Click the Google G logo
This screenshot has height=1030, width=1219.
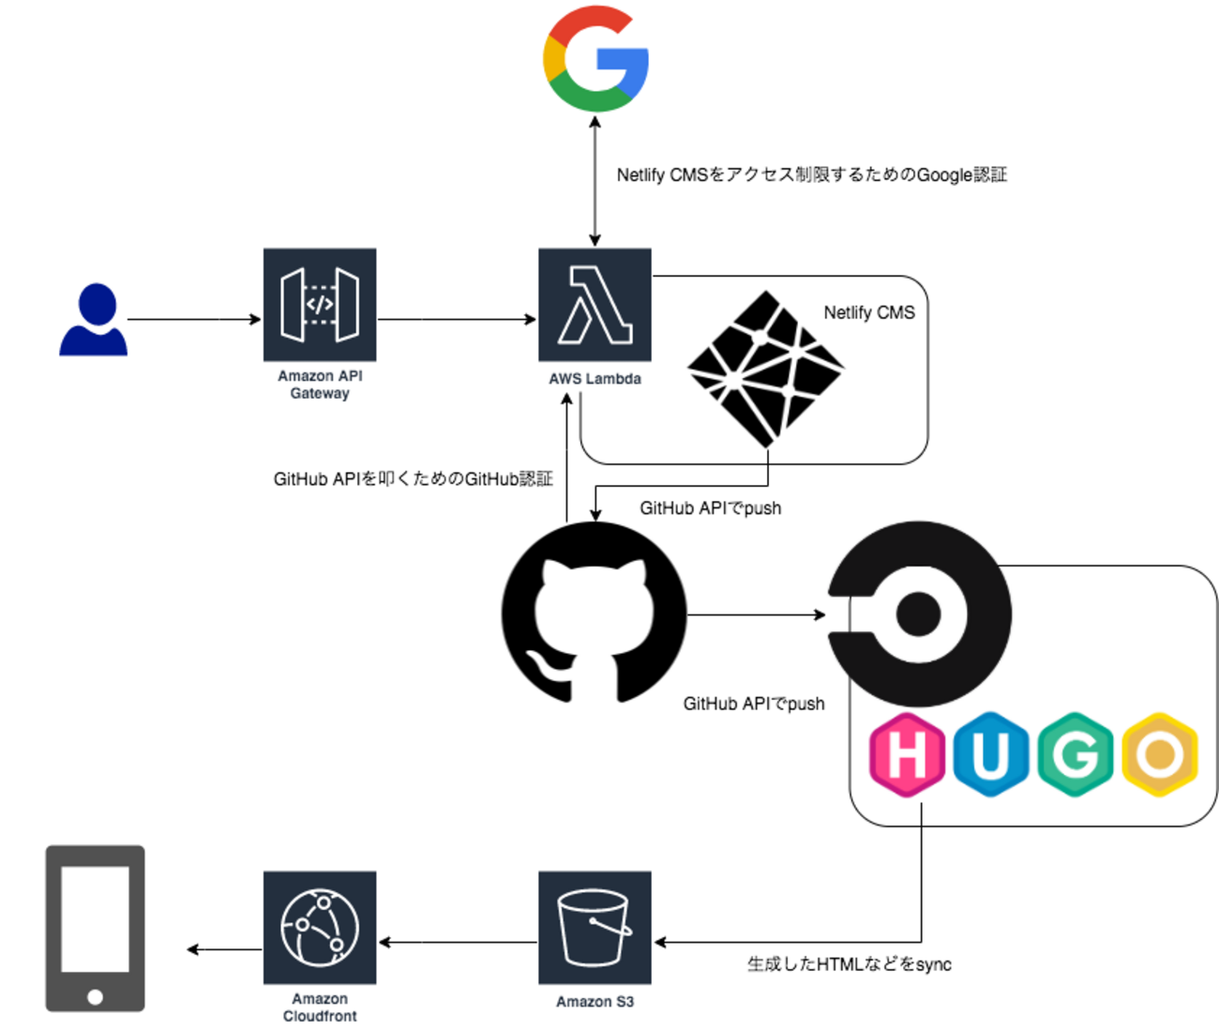[595, 58]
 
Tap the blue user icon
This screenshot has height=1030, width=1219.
[93, 320]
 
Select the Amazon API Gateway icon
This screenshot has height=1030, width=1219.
[320, 305]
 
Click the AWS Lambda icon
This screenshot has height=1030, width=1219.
[594, 305]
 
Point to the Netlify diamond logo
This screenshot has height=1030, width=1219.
[766, 368]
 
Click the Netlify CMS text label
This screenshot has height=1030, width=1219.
[869, 312]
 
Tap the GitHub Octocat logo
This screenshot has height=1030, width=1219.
[594, 614]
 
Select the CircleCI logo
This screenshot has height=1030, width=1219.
[919, 614]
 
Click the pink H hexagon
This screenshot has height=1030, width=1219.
[907, 754]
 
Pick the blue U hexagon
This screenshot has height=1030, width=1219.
[990, 754]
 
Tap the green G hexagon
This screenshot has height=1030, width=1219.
[1076, 754]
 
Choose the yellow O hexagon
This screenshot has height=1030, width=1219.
[1160, 754]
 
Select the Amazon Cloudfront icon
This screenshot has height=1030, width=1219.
[320, 927]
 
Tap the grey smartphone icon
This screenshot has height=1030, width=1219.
[95, 929]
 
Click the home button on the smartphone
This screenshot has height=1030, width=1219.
[95, 996]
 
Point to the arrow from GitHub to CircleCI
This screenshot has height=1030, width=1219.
[756, 615]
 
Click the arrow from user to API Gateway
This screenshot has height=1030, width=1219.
[194, 320]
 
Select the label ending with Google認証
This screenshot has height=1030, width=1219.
[811, 175]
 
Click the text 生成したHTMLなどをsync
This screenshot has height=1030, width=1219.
[849, 964]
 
